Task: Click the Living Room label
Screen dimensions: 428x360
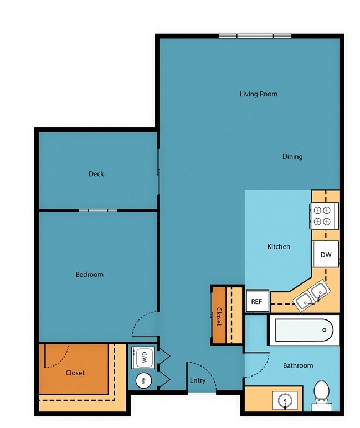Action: click(x=258, y=94)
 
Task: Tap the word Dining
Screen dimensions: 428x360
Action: click(x=292, y=157)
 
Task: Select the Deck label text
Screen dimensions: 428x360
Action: click(x=96, y=174)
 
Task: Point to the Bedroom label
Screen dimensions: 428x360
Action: click(x=90, y=275)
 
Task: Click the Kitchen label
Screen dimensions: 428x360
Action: click(x=279, y=247)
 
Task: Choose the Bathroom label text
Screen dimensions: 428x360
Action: click(x=298, y=365)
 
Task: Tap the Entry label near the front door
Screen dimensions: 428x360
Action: click(x=198, y=380)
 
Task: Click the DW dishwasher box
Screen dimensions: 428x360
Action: click(x=326, y=255)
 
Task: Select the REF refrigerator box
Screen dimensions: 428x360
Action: click(x=256, y=302)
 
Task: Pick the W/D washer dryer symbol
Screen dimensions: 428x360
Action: click(x=143, y=358)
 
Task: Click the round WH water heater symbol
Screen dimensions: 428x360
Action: click(x=143, y=380)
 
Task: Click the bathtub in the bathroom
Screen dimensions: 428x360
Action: click(x=304, y=331)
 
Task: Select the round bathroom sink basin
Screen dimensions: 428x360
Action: click(x=285, y=400)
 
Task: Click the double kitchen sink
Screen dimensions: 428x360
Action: click(x=310, y=296)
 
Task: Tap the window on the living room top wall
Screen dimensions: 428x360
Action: click(x=255, y=37)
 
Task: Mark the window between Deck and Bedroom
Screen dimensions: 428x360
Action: click(x=97, y=210)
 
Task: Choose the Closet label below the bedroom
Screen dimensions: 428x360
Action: click(x=75, y=373)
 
